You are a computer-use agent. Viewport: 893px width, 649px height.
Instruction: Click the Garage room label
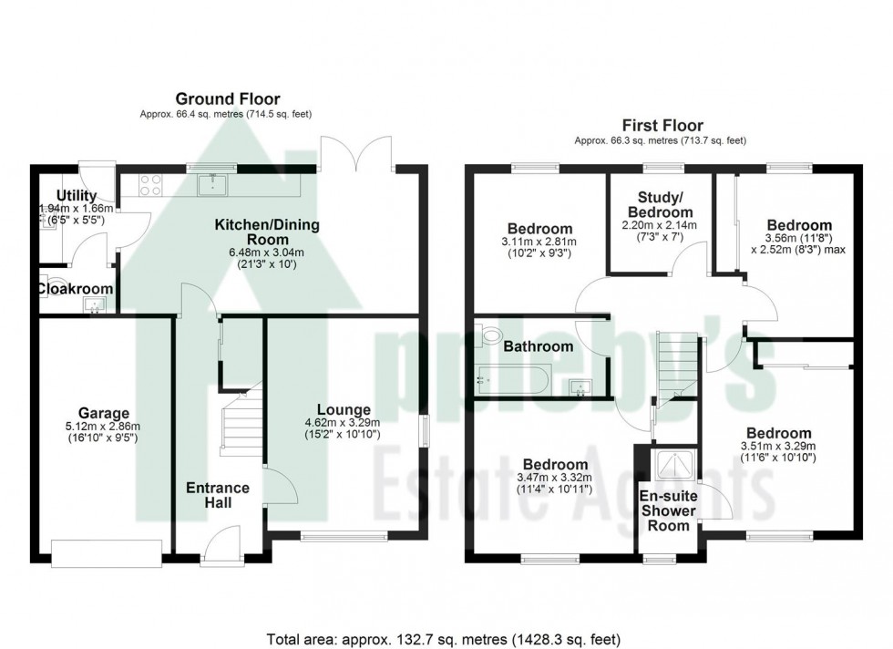(x=104, y=413)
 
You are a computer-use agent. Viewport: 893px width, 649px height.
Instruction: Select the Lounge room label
(x=344, y=409)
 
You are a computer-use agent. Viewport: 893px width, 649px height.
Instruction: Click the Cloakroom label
(x=75, y=289)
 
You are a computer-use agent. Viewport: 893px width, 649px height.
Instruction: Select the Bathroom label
(x=539, y=346)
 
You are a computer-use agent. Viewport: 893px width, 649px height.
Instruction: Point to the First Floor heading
(x=662, y=125)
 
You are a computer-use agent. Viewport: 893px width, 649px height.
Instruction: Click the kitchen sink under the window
(x=214, y=183)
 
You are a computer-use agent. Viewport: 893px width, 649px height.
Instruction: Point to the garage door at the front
(x=107, y=552)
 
